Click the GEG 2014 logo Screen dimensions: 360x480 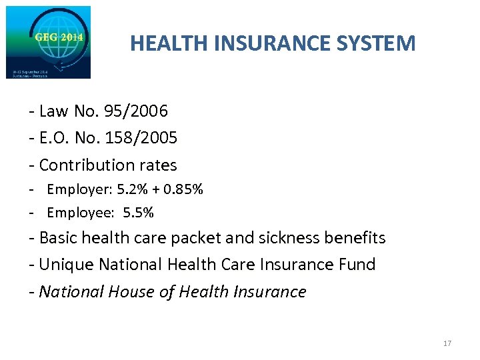pos(48,42)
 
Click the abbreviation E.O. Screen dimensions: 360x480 pos(54,137)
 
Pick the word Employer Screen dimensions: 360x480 pos(78,189)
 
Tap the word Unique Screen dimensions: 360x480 pos(66,265)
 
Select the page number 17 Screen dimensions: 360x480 pos(447,343)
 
